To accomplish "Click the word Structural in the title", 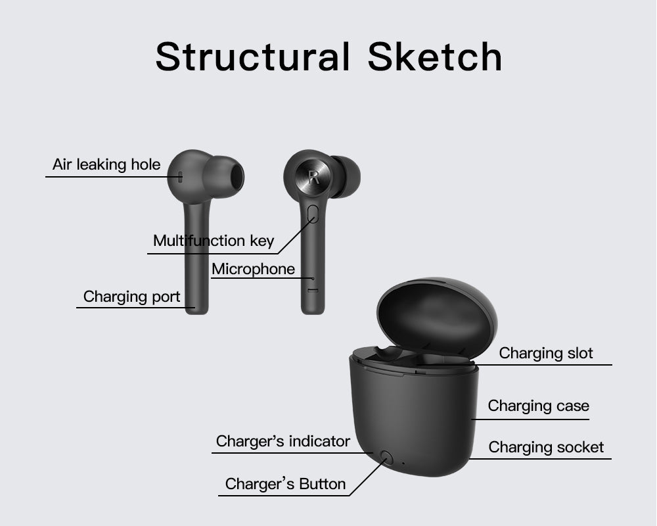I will [x=252, y=57].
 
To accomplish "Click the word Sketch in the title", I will [x=435, y=57].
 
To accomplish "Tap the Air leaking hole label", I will [x=106, y=164].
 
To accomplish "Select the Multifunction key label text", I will [x=214, y=241].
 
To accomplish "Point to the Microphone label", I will [x=253, y=269].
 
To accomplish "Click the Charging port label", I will [x=131, y=297].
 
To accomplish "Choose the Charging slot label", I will [x=546, y=353].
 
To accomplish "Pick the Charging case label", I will [x=538, y=406].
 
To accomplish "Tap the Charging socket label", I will [x=546, y=448].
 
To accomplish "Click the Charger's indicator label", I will [x=283, y=441].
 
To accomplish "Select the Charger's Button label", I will [x=285, y=485].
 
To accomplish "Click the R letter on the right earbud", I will [x=313, y=176].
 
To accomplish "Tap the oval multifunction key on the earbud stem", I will [x=313, y=214].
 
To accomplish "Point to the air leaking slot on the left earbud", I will [x=179, y=176].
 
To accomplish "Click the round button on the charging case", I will [x=386, y=458].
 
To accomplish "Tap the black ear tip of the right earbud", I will [x=347, y=176].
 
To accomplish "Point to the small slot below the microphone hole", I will [x=313, y=290].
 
